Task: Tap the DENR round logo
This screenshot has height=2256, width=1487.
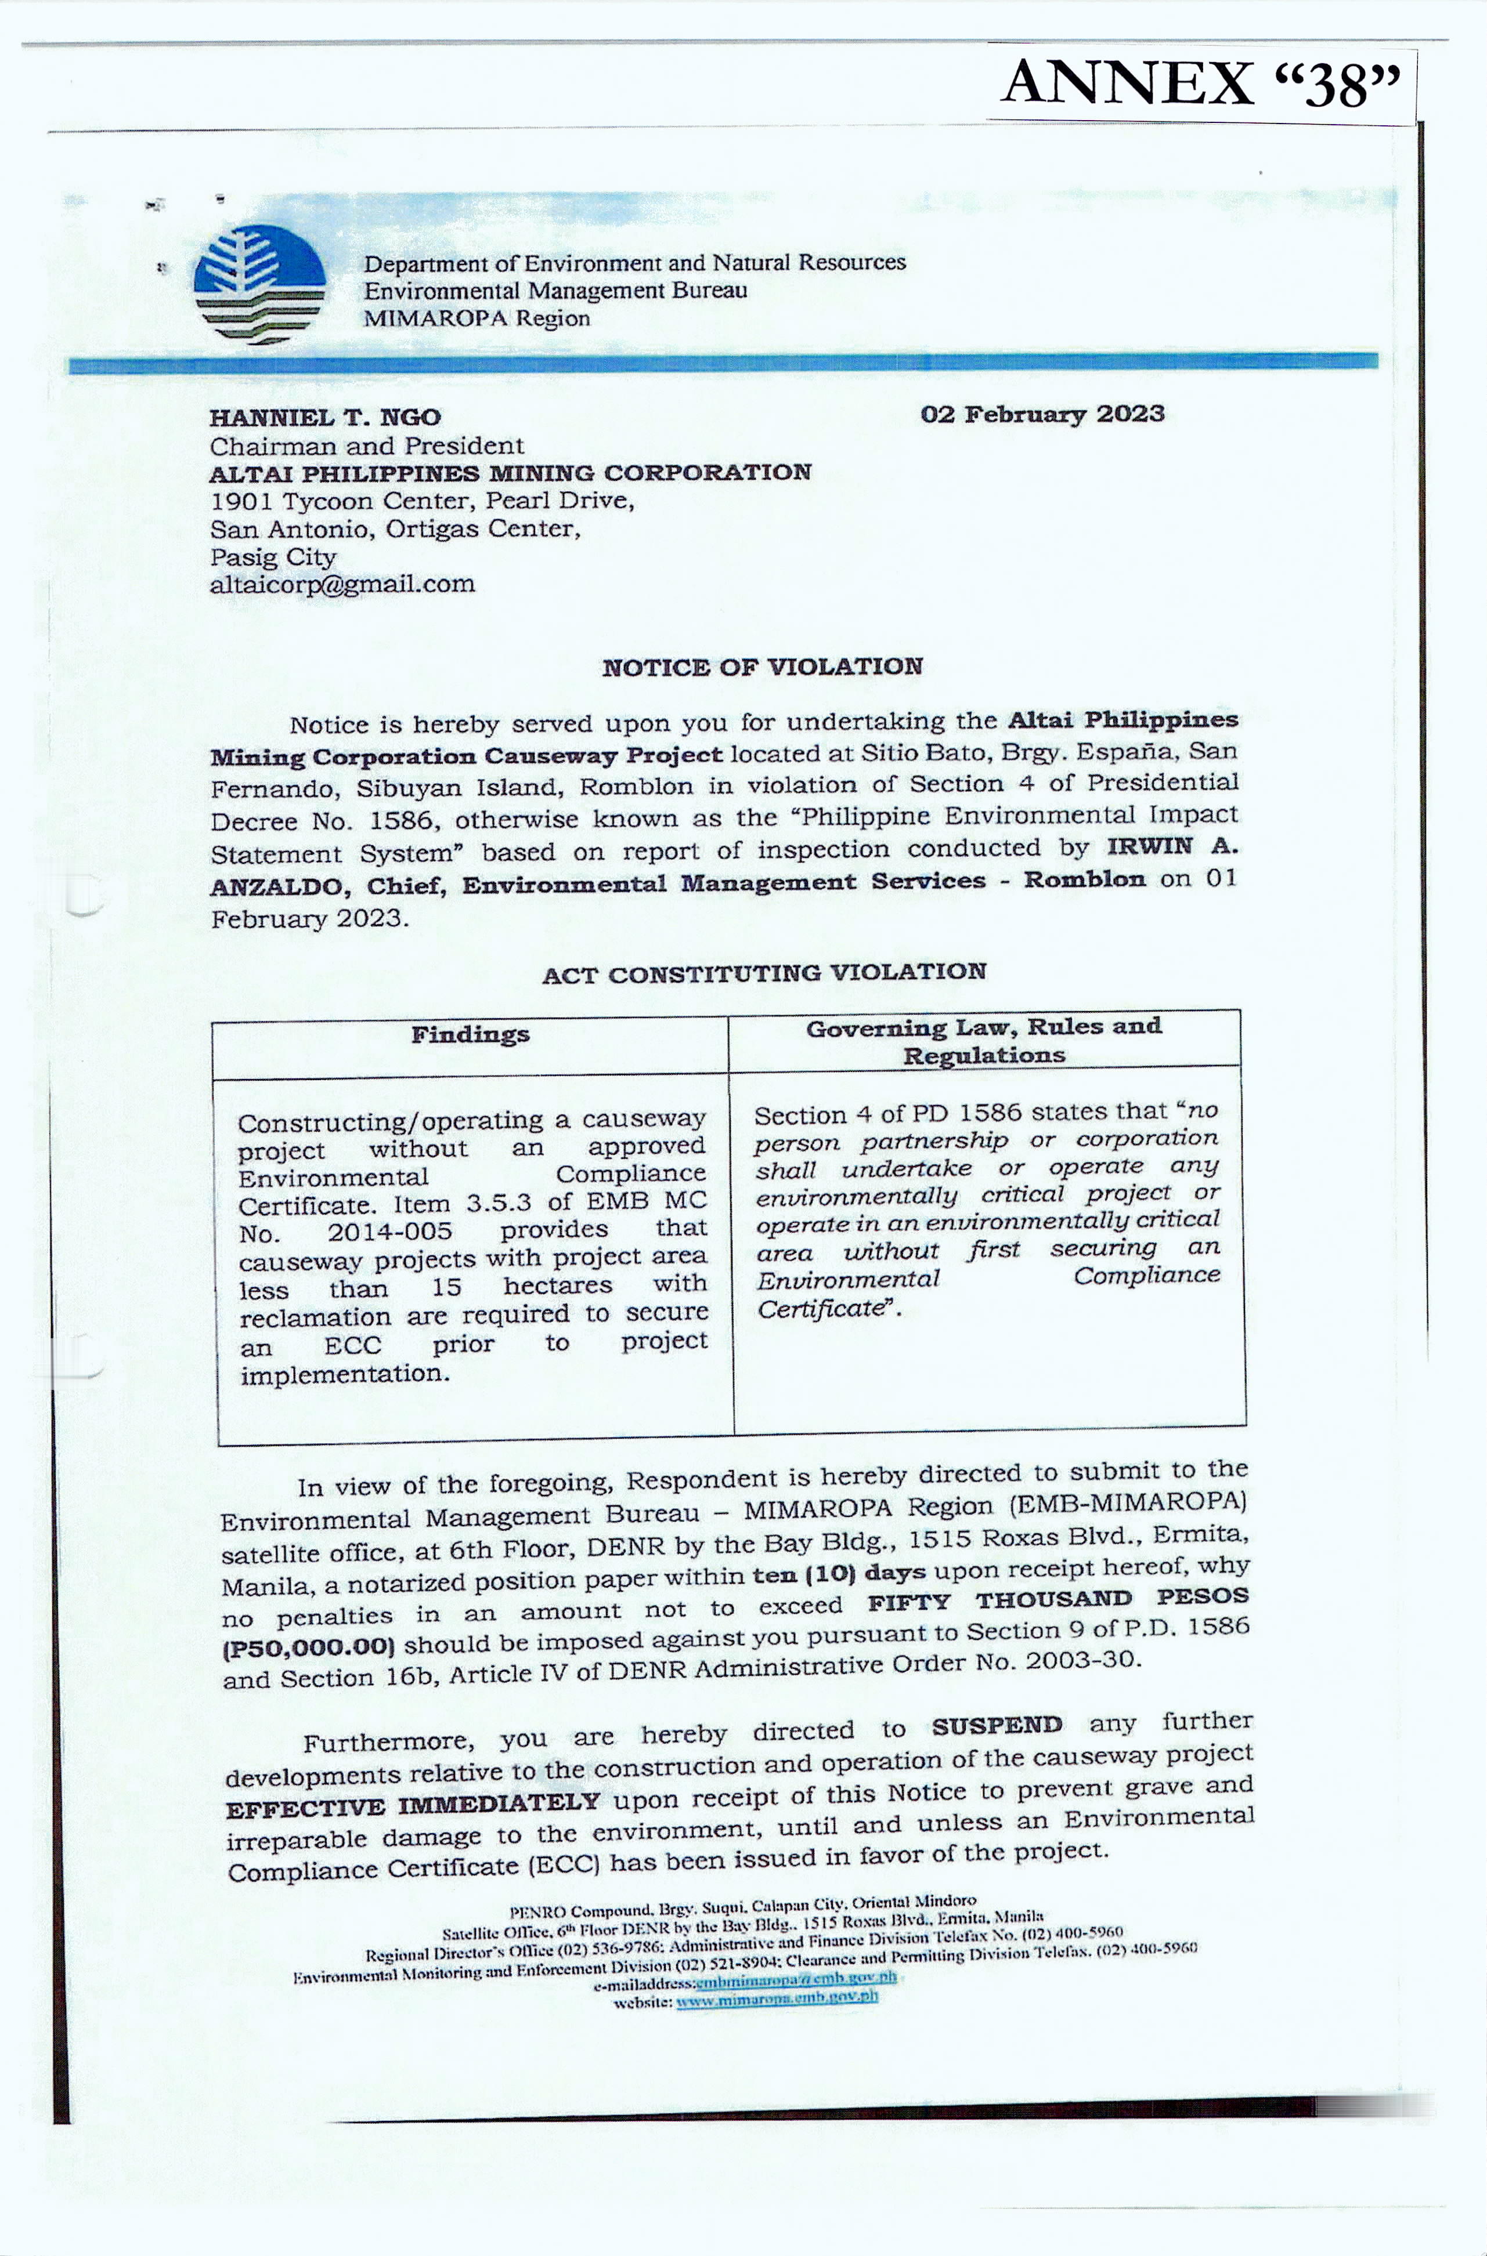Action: coord(259,284)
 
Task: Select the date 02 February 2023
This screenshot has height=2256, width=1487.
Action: coord(1041,414)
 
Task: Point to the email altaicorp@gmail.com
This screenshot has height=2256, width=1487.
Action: coord(342,584)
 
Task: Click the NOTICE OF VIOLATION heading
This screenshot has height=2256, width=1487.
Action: coord(761,667)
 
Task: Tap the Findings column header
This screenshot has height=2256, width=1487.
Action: coord(470,1034)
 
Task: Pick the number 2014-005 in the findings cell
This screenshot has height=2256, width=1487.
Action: coord(390,1232)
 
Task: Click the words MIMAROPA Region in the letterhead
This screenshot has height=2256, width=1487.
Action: coord(476,318)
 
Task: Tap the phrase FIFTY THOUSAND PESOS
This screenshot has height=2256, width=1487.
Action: coord(1057,1601)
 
